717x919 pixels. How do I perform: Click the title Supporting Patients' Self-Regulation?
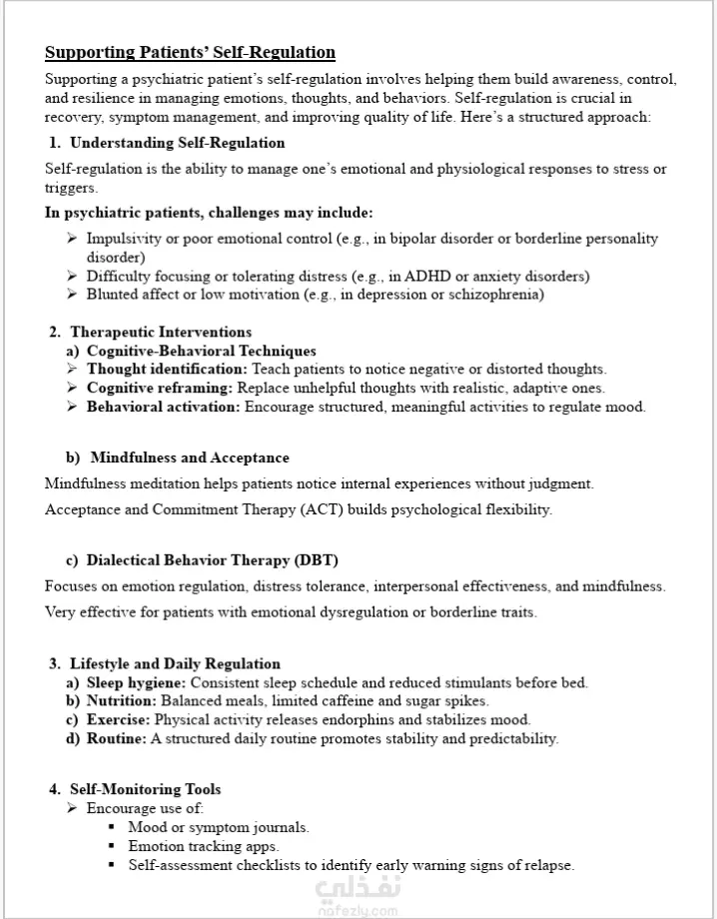point(190,52)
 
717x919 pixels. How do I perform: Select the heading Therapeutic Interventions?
point(160,332)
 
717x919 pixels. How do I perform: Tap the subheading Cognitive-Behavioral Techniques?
point(201,351)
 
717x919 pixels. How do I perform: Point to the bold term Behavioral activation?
point(163,407)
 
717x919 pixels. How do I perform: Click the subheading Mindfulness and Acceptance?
point(190,458)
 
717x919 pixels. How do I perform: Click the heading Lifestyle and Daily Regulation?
point(175,663)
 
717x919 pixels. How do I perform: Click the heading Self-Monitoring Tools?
point(145,789)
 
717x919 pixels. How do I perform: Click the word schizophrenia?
point(496,294)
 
